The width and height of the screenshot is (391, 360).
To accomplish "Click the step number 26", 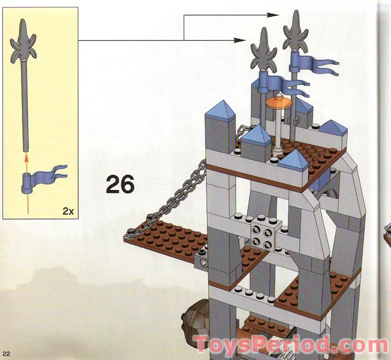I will [120, 185].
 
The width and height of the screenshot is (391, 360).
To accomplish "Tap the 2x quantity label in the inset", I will [68, 211].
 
